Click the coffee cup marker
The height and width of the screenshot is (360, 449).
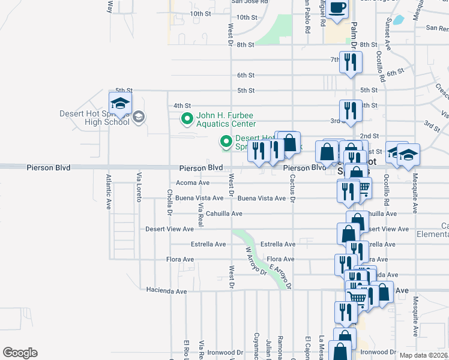[337, 8]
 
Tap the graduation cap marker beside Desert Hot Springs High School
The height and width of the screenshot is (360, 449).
[120, 104]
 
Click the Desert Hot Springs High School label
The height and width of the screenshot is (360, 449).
[94, 118]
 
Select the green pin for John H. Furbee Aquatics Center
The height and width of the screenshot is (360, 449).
[187, 119]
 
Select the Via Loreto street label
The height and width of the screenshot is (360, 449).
[139, 187]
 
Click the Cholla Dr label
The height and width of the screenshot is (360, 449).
[170, 204]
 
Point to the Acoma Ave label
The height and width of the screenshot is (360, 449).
[193, 183]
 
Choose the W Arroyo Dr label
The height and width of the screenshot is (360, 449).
[254, 262]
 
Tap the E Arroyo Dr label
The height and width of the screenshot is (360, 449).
[280, 276]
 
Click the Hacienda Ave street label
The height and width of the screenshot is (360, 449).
[166, 290]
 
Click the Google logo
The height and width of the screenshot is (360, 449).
[20, 353]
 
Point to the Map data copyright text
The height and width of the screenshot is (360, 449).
[424, 355]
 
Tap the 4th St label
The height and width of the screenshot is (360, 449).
[182, 106]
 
